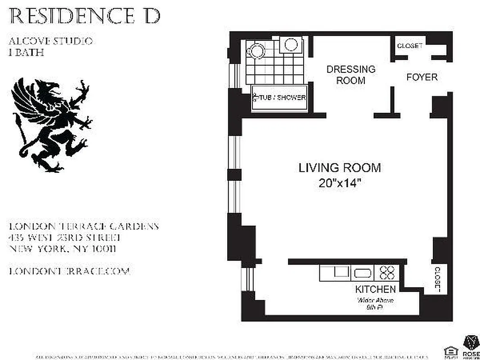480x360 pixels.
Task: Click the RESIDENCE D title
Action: [x=85, y=16]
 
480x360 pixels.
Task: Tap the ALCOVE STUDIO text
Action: [x=50, y=41]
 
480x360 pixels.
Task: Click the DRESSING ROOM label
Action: [x=350, y=75]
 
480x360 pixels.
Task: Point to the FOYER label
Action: [x=422, y=77]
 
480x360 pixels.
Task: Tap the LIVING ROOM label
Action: [x=340, y=168]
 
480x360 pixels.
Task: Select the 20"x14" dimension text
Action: [x=340, y=184]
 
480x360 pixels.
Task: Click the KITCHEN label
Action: [x=375, y=289]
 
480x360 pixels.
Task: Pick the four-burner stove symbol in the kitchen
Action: [x=387, y=273]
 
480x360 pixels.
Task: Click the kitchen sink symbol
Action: [x=362, y=273]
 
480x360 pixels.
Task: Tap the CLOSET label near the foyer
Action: [x=409, y=46]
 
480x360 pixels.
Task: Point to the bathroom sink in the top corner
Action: [x=291, y=45]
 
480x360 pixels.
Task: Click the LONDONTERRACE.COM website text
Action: [x=69, y=271]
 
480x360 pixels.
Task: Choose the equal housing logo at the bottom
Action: [x=449, y=351]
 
